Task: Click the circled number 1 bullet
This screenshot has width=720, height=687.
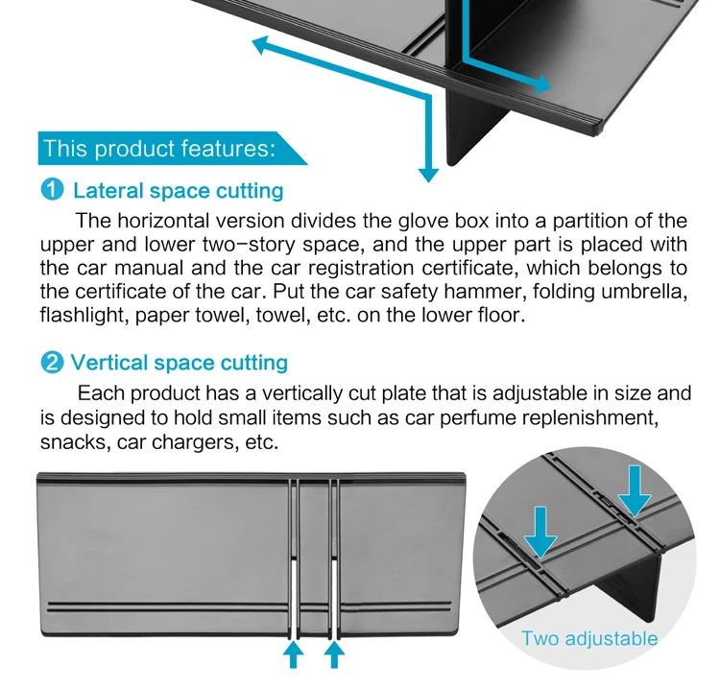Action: pos(52,190)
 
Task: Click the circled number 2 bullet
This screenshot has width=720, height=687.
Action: pos(52,363)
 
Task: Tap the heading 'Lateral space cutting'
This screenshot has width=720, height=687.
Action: pos(179,190)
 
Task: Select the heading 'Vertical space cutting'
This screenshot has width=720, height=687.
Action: pos(180,363)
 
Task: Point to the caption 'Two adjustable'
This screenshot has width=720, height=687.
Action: pos(589,639)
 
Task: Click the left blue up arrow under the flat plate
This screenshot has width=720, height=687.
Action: pos(294,654)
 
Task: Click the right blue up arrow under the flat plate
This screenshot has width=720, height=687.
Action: pos(334,654)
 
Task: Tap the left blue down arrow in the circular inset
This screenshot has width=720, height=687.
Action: pos(540,533)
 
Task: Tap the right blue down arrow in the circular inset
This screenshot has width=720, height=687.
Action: pos(635,491)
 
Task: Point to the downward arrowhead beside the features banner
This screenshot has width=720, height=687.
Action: pos(428,175)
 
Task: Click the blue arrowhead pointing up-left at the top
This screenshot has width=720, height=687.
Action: pos(262,44)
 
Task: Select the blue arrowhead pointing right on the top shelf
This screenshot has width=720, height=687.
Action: pos(542,83)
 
